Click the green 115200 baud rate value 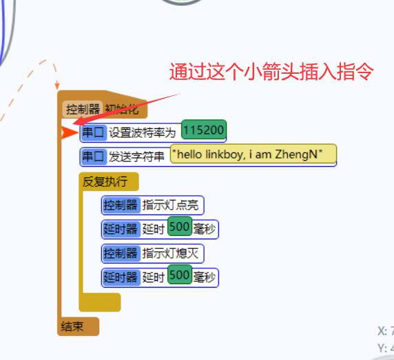pos(204,130)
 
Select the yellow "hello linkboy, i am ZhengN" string pos(253,154)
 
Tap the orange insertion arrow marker pos(69,132)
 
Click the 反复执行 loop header pos(109,181)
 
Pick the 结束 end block pos(78,326)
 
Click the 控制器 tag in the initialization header pos(83,110)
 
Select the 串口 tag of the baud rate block pos(94,132)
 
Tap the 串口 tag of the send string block pos(94,157)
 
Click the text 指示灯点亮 pos(170,205)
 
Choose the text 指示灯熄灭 pos(170,253)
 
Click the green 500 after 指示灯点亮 pos(180,226)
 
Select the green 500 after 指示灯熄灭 pos(180,274)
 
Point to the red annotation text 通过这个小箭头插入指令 pos(271,72)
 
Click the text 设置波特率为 pos(142,132)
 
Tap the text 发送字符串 pos(136,157)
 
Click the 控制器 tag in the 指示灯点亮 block pos(121,205)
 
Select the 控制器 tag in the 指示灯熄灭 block pos(121,253)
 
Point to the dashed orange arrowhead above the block pos(57,86)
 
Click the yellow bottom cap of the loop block pos(100,302)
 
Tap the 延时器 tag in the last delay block pos(121,277)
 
